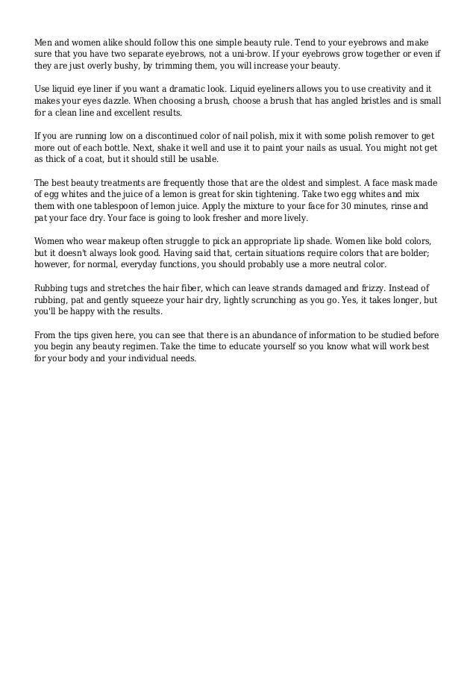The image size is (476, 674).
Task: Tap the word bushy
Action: coord(120,66)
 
